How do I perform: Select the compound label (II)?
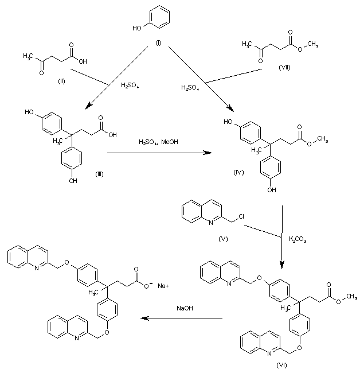(x=61, y=80)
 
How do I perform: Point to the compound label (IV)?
(x=239, y=172)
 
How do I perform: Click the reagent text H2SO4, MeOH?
(x=156, y=141)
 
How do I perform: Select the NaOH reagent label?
(x=184, y=309)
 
